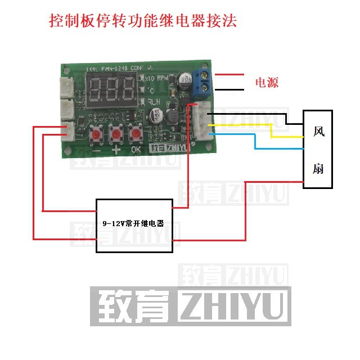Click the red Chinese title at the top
(x=143, y=21)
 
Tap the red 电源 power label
(x=267, y=83)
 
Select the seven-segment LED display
(x=112, y=87)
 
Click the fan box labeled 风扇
(x=318, y=149)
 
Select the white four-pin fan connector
(x=201, y=120)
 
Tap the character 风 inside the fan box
(x=318, y=132)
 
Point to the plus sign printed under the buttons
(x=116, y=151)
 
